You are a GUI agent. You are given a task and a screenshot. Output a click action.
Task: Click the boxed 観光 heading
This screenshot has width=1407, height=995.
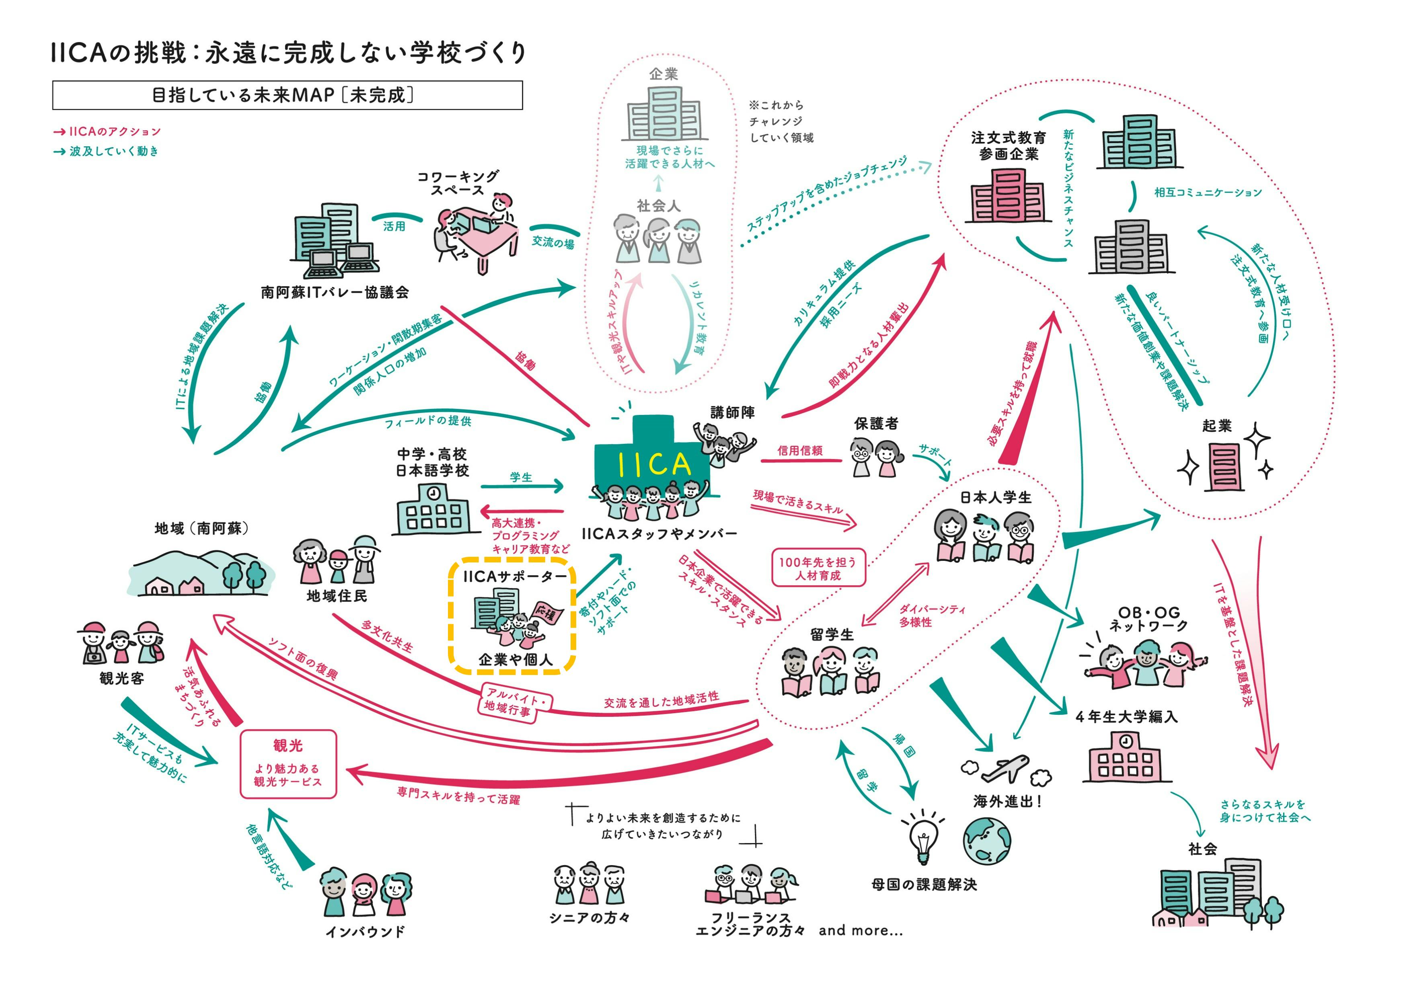[x=288, y=746]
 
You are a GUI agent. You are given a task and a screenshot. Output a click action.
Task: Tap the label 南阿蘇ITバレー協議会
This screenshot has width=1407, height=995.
[x=335, y=292]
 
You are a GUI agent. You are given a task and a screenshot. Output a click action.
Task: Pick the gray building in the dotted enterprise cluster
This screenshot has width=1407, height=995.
[x=1131, y=248]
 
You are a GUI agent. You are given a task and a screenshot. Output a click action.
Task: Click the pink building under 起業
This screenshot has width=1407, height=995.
[x=1224, y=467]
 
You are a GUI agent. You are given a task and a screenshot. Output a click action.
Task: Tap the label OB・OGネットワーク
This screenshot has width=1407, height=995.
[x=1148, y=619]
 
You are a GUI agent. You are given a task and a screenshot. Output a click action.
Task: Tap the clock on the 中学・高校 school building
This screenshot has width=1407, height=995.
[x=433, y=492]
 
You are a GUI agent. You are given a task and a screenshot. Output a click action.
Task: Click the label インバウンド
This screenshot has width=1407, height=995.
[x=365, y=932]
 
